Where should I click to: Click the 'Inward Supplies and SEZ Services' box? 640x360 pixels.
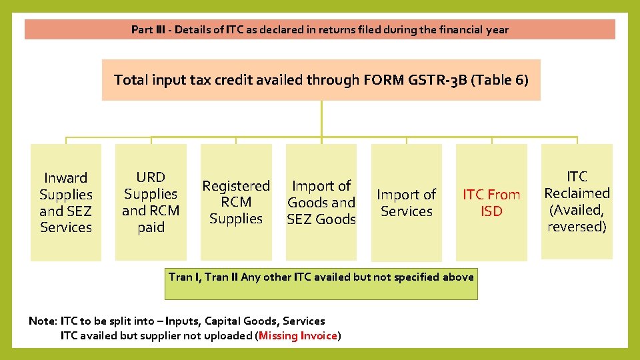tap(65, 202)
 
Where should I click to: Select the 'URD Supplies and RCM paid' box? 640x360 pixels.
tap(151, 202)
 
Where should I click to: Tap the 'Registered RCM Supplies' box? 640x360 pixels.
tap(236, 202)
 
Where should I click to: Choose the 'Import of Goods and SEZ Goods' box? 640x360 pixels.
tap(321, 202)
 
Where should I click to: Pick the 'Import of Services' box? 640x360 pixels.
tap(406, 203)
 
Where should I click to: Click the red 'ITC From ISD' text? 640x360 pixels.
tap(491, 203)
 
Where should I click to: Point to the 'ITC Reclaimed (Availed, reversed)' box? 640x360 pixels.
tap(577, 201)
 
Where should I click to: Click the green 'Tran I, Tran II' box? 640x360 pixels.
tap(321, 277)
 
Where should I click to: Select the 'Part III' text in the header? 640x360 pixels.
tap(147, 29)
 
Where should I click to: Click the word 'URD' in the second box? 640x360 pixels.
tap(151, 177)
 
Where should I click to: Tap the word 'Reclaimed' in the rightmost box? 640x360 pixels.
tap(577, 193)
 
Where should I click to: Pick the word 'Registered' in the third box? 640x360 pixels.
tap(236, 186)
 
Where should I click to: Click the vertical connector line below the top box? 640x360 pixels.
tap(321, 120)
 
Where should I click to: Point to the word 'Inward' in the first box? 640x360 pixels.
tap(65, 178)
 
